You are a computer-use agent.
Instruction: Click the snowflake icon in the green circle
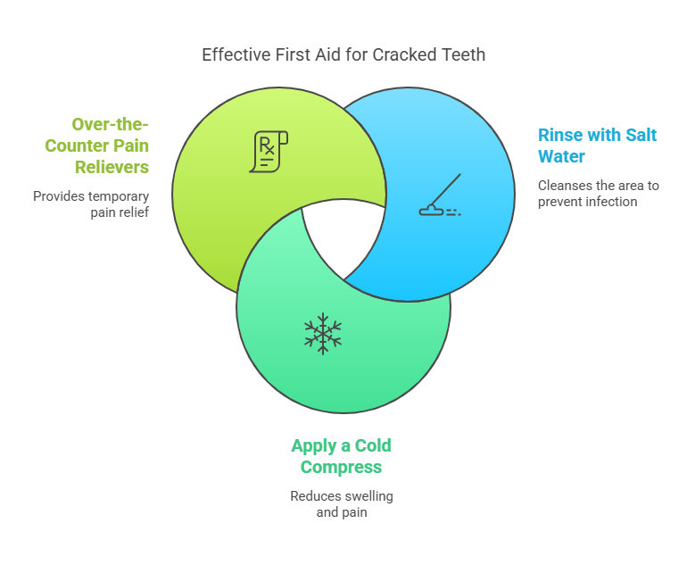coord(323,334)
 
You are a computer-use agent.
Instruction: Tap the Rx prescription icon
coord(269,152)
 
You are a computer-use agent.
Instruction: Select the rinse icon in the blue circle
coord(440,195)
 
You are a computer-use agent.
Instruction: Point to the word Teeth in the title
coord(464,55)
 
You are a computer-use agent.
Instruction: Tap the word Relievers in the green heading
coord(112,167)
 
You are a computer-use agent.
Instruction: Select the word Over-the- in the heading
coord(110,124)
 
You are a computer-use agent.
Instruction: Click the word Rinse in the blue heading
coord(557,135)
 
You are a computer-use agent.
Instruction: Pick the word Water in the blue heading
coord(561,156)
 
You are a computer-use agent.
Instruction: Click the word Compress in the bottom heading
coord(341,467)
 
